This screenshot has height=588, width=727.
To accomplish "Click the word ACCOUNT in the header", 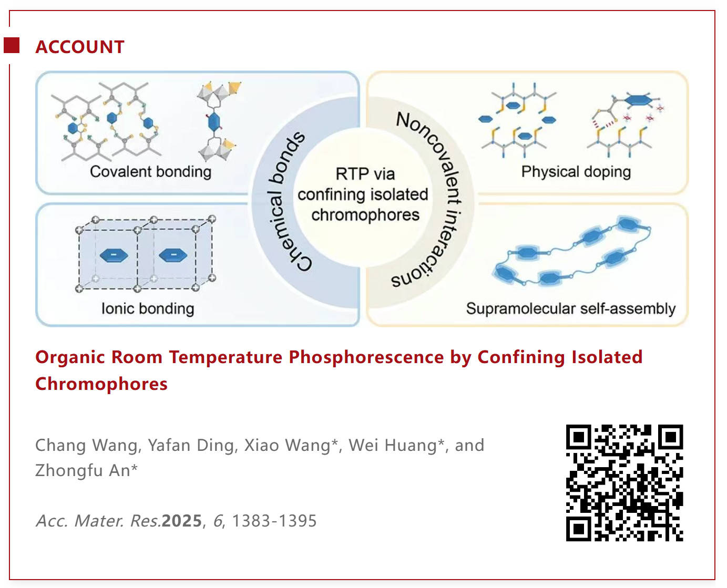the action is click(x=80, y=47).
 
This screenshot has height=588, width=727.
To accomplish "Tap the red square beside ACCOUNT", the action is click(x=12, y=45).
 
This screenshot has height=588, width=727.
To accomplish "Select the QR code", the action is click(x=624, y=482).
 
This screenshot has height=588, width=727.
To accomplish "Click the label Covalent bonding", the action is click(x=150, y=171).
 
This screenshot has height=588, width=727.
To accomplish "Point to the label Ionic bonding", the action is click(x=148, y=308).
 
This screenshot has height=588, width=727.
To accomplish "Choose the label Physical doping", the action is click(x=576, y=171).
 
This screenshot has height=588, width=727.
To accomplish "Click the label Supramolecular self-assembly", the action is click(x=571, y=308).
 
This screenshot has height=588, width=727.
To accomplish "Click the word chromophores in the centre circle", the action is click(x=365, y=215).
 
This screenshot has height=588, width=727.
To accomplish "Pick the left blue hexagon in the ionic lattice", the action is click(x=114, y=255).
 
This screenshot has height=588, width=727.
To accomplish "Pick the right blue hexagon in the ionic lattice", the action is click(x=173, y=255).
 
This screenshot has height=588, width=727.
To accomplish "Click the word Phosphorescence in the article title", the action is click(x=366, y=358).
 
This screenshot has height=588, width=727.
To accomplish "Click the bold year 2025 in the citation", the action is click(x=182, y=521).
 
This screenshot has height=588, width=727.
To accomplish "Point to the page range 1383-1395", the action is click(x=274, y=521).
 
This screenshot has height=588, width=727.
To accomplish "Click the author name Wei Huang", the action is click(x=393, y=446).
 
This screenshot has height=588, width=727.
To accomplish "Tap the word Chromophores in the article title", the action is click(x=101, y=385).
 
